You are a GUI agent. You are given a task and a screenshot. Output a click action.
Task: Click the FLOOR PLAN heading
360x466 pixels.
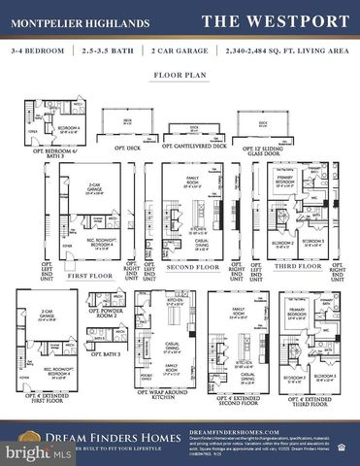point(180,75)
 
